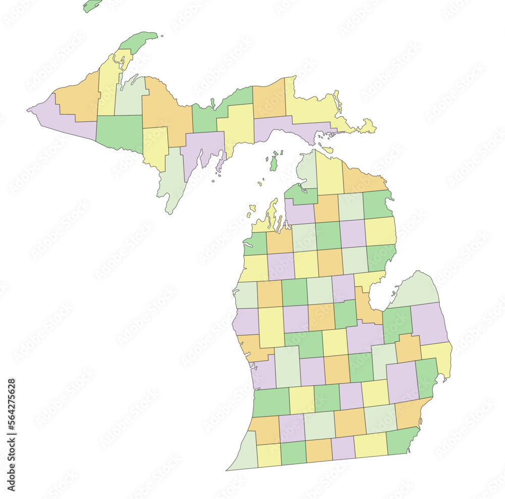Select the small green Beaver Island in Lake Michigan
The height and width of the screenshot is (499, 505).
[x=273, y=163]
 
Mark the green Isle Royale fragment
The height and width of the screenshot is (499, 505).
[x=92, y=6]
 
